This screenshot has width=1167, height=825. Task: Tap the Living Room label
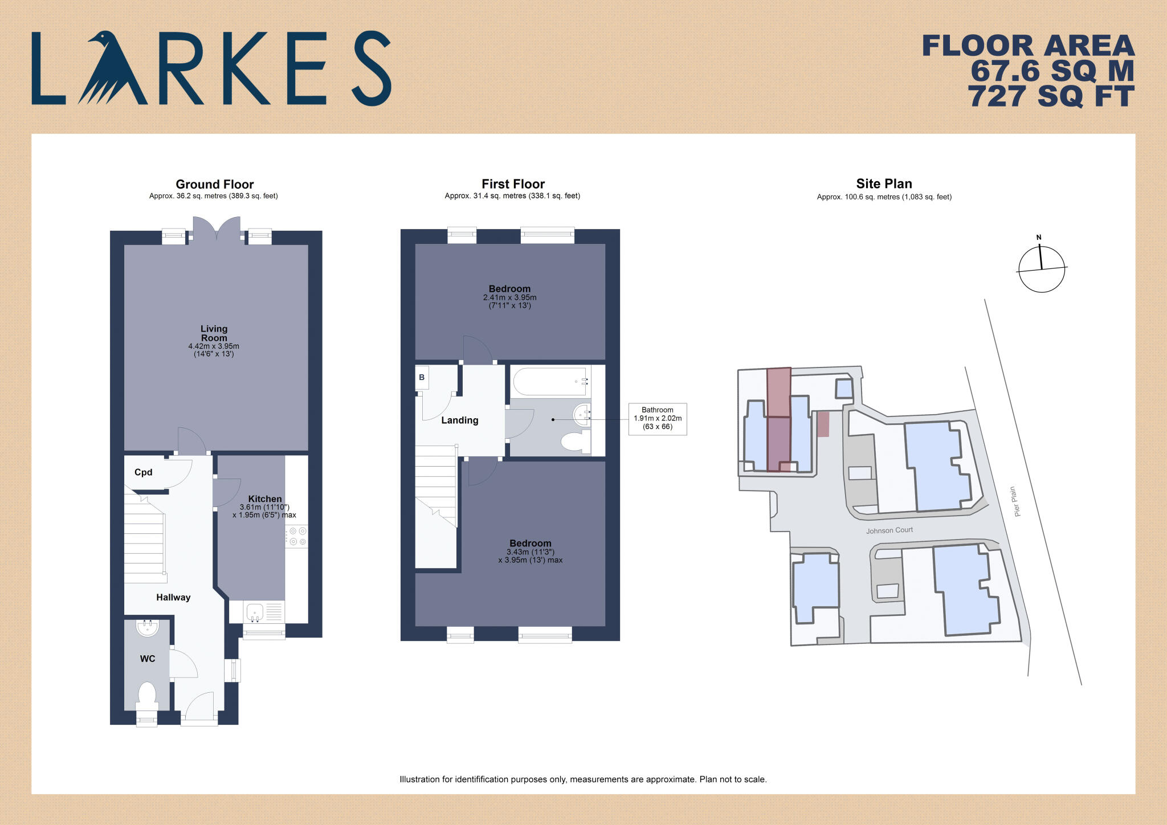coord(214,333)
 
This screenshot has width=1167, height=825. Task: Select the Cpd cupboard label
coord(143,472)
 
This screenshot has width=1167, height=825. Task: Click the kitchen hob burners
coord(297,536)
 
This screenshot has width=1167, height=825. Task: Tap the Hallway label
coord(173,597)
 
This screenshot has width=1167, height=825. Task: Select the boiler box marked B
coord(422,377)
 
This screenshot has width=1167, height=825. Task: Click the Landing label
coord(459,420)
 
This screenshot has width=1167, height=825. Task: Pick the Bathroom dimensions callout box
coord(657,419)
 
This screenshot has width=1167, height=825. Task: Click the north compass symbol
coord(1041,268)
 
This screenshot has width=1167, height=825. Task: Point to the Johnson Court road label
coord(889,530)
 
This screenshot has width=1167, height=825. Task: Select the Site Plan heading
coord(884,183)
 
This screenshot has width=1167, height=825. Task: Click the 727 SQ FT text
coord(1051,96)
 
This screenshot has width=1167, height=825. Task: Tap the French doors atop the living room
coord(217,229)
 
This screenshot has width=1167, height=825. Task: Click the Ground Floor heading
coord(214,184)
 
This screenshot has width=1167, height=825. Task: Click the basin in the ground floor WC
coord(148,628)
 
